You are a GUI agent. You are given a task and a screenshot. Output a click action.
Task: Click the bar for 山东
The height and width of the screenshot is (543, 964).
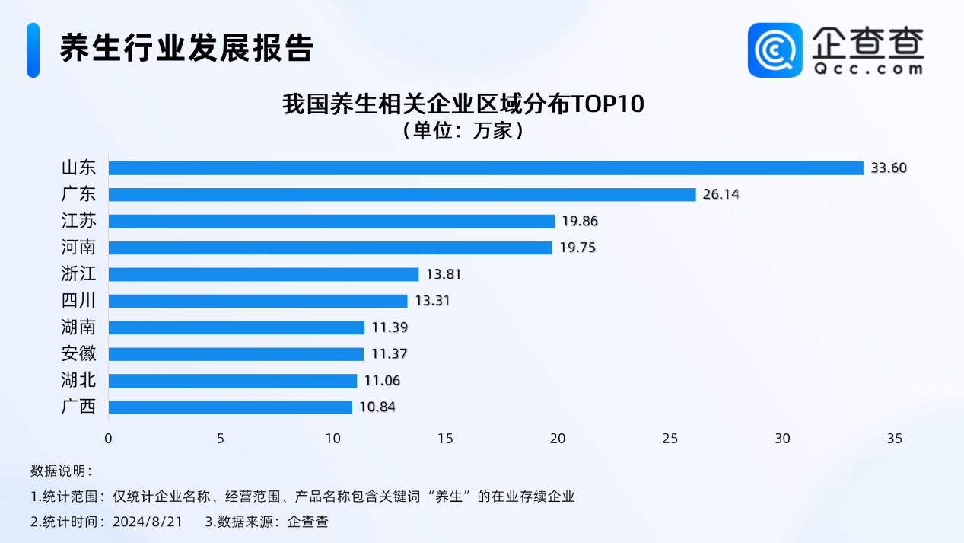[x=485, y=168]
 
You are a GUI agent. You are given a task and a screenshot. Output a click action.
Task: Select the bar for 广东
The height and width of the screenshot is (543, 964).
[x=402, y=194]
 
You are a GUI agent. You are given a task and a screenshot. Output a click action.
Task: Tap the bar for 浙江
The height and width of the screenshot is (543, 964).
[x=263, y=274]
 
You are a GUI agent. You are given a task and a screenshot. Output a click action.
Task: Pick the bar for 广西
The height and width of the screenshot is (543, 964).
[x=230, y=407]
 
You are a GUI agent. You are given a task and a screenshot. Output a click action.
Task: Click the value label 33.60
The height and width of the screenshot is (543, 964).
[x=889, y=168]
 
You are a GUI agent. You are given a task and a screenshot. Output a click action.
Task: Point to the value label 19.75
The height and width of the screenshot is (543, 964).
[x=577, y=248]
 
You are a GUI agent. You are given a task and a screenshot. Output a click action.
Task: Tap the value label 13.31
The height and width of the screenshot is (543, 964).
[x=432, y=301]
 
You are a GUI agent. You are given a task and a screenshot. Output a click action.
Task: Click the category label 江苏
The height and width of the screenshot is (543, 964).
[x=78, y=221]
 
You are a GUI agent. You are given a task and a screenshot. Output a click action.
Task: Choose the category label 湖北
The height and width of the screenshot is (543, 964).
[x=78, y=380]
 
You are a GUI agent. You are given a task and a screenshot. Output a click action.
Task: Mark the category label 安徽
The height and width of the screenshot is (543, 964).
[x=78, y=353]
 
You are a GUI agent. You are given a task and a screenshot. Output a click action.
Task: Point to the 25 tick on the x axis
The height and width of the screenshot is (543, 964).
[x=670, y=439]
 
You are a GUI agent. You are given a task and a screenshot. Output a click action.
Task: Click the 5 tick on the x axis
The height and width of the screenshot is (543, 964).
[x=221, y=439]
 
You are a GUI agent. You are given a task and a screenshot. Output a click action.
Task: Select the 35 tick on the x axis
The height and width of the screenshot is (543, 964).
[x=894, y=439]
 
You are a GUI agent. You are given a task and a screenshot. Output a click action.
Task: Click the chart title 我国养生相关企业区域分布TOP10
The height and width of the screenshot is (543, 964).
[x=463, y=104]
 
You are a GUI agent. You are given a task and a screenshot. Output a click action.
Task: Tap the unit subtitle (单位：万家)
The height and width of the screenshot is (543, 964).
[x=463, y=130]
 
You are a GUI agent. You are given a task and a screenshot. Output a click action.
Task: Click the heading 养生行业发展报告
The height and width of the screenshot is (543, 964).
[x=186, y=48]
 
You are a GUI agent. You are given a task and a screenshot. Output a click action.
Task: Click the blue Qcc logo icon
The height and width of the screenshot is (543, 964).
[x=775, y=50]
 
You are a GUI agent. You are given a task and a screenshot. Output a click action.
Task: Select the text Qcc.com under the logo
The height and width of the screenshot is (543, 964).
[x=867, y=69]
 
